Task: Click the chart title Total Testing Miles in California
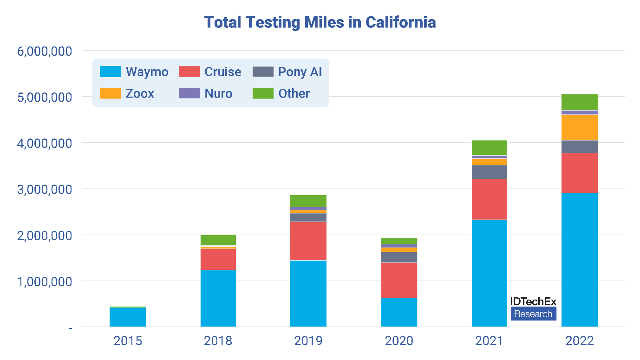click(320, 23)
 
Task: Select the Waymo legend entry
click(134, 72)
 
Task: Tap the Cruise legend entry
click(210, 72)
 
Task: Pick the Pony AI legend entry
click(287, 72)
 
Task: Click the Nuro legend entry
click(205, 93)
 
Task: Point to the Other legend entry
click(281, 93)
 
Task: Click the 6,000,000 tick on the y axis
click(45, 51)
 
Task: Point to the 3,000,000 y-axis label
click(45, 190)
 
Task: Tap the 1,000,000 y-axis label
click(45, 281)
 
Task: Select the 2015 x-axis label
click(128, 341)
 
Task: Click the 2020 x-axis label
click(399, 341)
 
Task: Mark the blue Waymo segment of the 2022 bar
click(580, 260)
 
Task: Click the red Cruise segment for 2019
click(308, 241)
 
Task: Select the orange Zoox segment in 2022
click(580, 127)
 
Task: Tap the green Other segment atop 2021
click(490, 148)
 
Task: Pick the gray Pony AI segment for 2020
click(399, 257)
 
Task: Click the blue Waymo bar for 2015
click(128, 317)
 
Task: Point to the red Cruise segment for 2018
click(218, 259)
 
